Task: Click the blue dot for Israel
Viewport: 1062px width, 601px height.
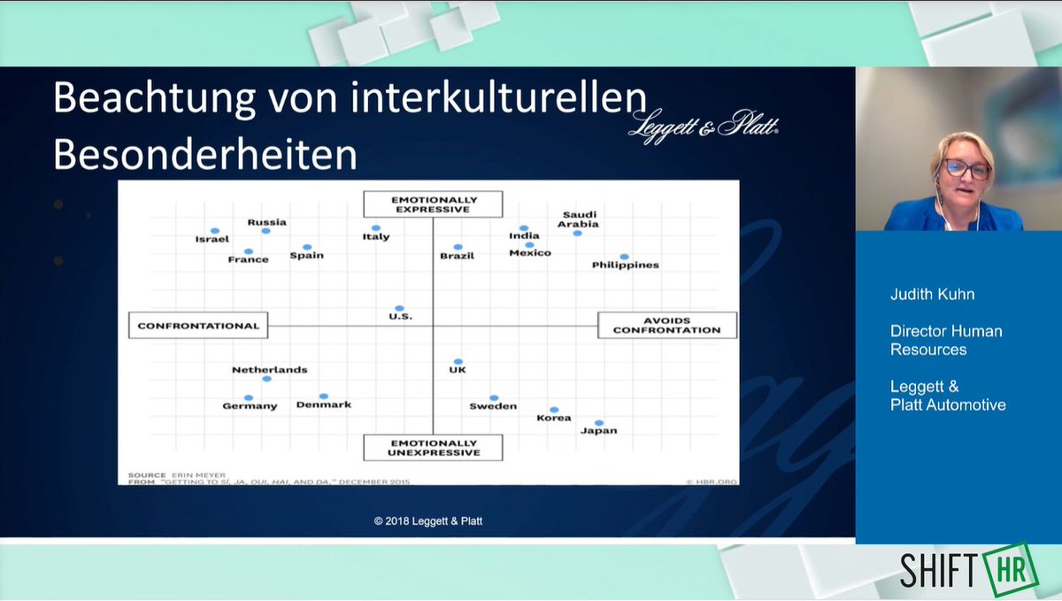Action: [x=213, y=230]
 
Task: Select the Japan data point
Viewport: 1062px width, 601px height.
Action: [x=599, y=423]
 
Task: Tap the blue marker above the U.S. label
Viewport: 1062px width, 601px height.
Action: [x=400, y=308]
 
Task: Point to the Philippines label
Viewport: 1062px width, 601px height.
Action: [x=625, y=265]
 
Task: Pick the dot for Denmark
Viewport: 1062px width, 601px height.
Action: [x=324, y=396]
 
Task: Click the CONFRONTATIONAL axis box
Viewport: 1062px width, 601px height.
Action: [x=198, y=326]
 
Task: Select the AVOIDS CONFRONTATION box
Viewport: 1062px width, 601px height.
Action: [x=666, y=325]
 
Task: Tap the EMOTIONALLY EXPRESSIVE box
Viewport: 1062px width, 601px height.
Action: [x=433, y=204]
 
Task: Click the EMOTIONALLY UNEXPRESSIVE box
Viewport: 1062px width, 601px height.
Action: [x=433, y=447]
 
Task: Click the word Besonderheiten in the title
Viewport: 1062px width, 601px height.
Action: [x=205, y=155]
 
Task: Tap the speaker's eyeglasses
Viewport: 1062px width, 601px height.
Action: [x=967, y=169]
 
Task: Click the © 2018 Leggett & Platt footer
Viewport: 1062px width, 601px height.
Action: [x=427, y=521]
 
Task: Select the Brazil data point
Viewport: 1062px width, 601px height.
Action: [x=458, y=247]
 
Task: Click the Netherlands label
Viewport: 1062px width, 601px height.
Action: [x=270, y=370]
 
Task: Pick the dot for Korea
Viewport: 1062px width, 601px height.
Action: [x=554, y=409]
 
